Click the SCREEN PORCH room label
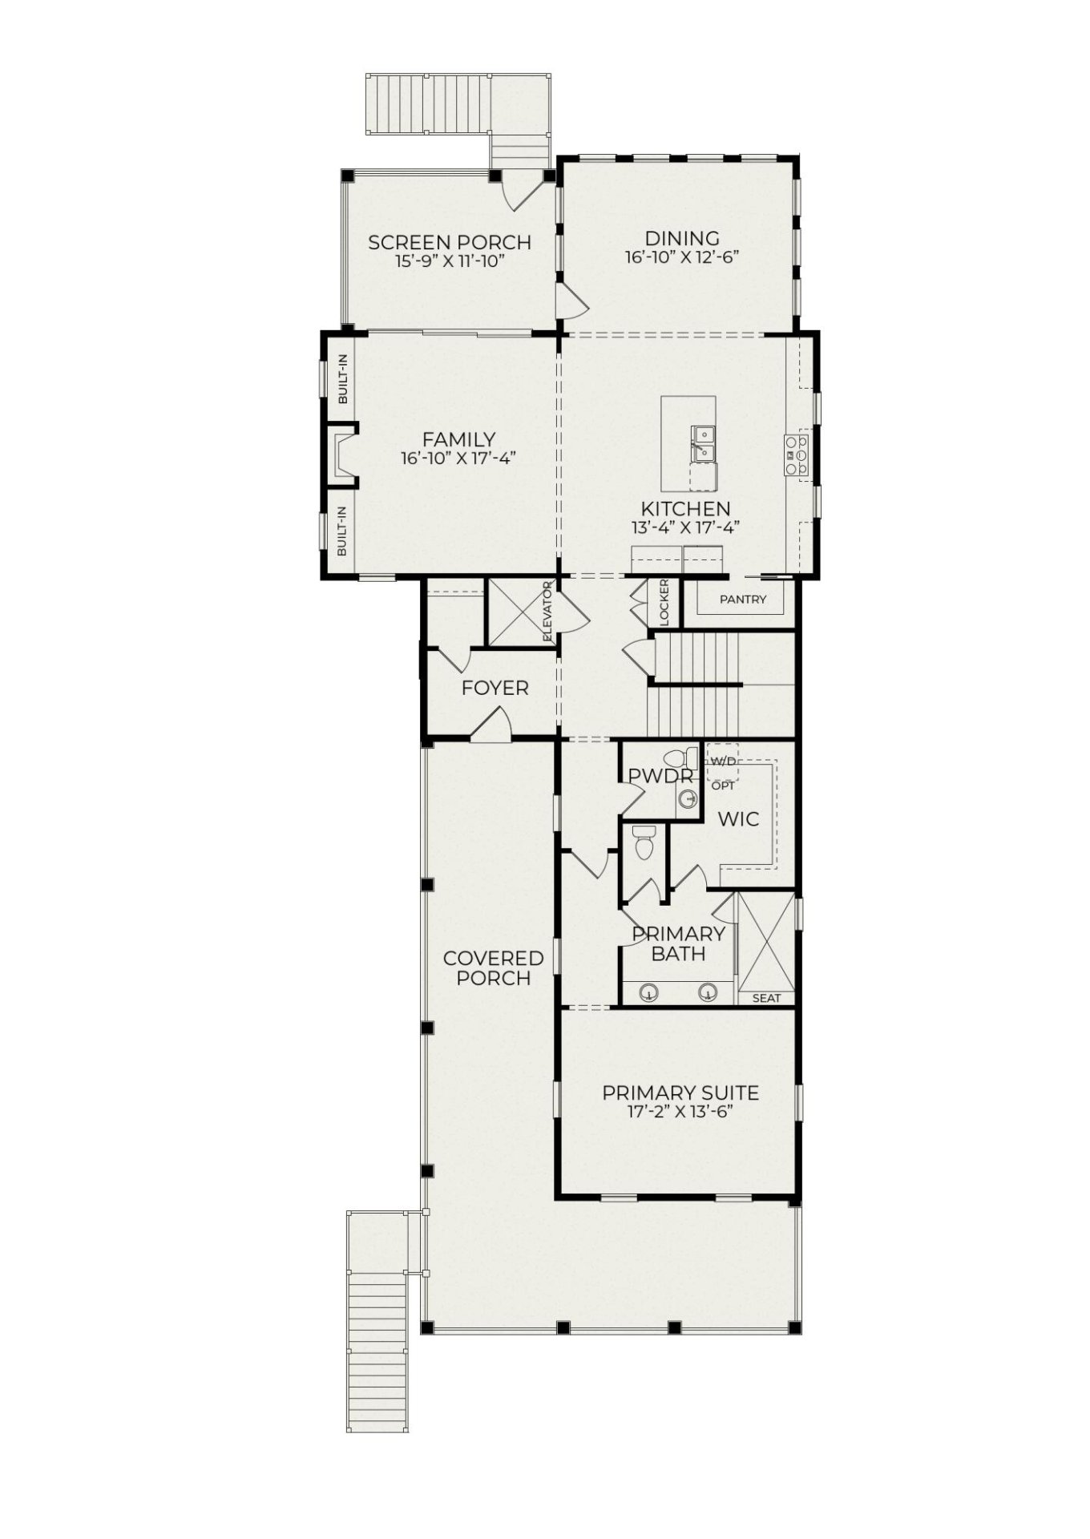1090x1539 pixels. point(449,242)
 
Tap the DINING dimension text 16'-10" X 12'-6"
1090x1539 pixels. point(681,257)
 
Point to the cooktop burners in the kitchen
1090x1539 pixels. point(797,455)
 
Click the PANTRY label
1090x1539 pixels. point(742,599)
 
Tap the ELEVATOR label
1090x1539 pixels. point(548,611)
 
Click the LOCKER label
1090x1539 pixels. point(664,602)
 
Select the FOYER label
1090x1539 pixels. point(495,688)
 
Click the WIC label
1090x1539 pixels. point(737,819)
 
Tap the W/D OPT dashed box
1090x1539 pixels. point(722,763)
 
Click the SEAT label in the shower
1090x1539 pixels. point(766,998)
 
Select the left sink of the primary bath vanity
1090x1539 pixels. point(648,993)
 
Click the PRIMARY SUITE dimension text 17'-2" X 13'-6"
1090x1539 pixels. point(681,1112)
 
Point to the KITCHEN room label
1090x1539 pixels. point(685,508)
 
